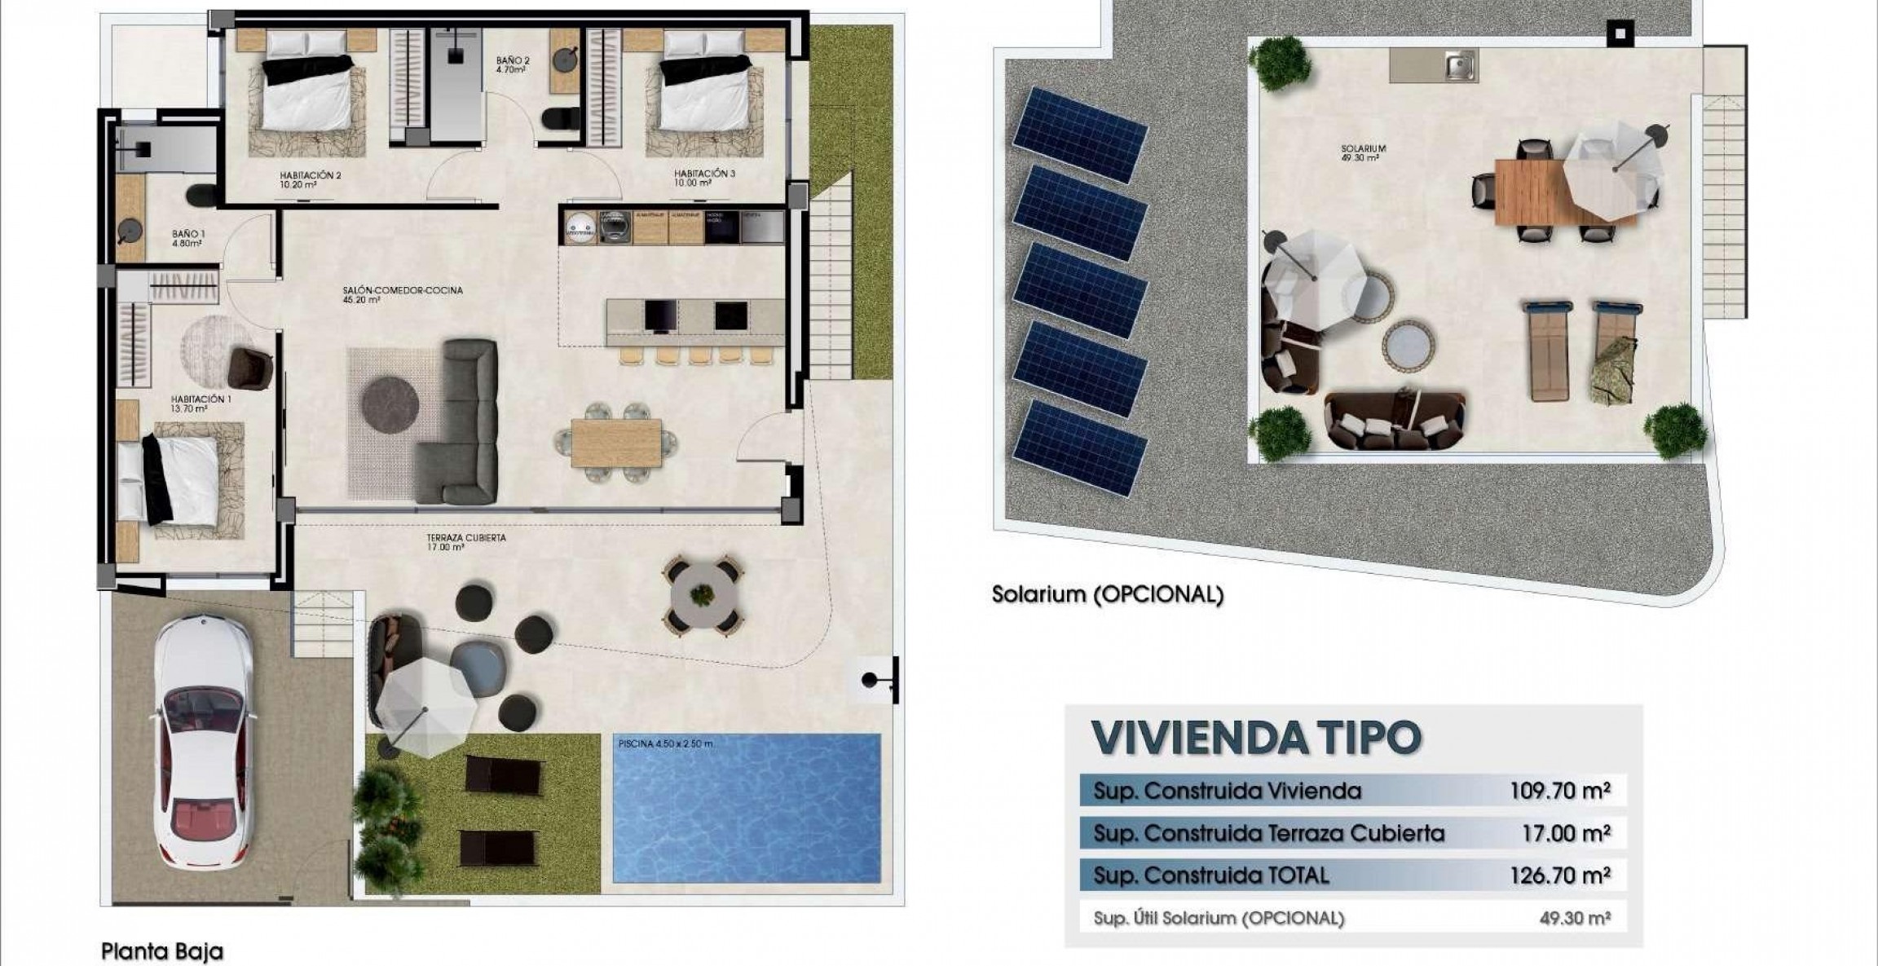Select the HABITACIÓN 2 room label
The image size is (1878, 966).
point(310,179)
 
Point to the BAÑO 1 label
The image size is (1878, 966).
point(188,238)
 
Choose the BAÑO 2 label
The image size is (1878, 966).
point(514,64)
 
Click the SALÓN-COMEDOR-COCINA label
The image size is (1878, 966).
point(403,294)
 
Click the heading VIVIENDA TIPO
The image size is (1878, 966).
point(1256,737)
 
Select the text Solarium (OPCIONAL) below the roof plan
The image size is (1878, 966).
point(1107,595)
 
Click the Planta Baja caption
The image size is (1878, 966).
point(161,951)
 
